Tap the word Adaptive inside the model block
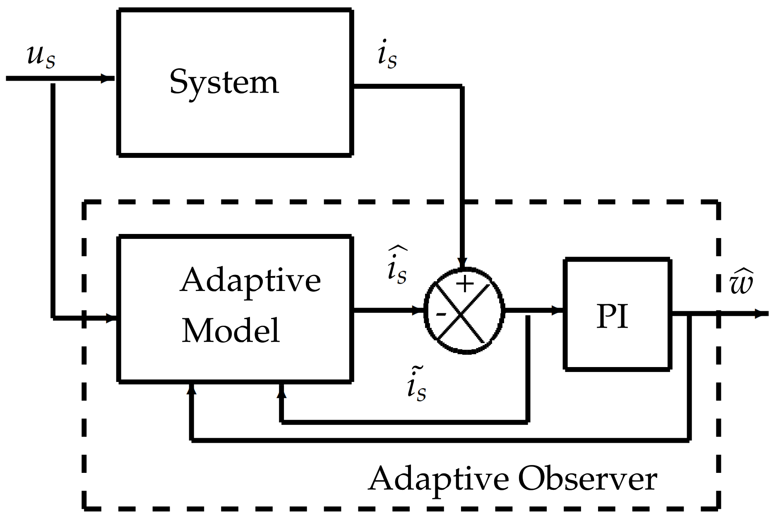coord(250,280)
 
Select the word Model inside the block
coord(231,331)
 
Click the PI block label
coord(612,317)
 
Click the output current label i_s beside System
coord(387,55)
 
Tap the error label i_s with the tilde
coord(416,385)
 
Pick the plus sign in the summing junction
coord(465,284)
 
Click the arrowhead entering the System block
coord(108,79)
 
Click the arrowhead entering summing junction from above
coord(463,263)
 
